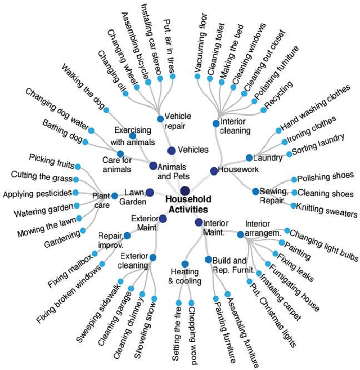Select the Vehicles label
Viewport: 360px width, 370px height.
(193, 150)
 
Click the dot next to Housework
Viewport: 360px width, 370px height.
(213, 171)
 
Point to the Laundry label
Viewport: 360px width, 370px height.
(268, 158)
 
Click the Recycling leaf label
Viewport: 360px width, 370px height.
(278, 96)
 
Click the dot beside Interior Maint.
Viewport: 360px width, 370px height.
(198, 222)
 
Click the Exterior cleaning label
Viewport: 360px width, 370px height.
(134, 261)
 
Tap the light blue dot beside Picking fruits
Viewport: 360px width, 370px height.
(78, 166)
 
